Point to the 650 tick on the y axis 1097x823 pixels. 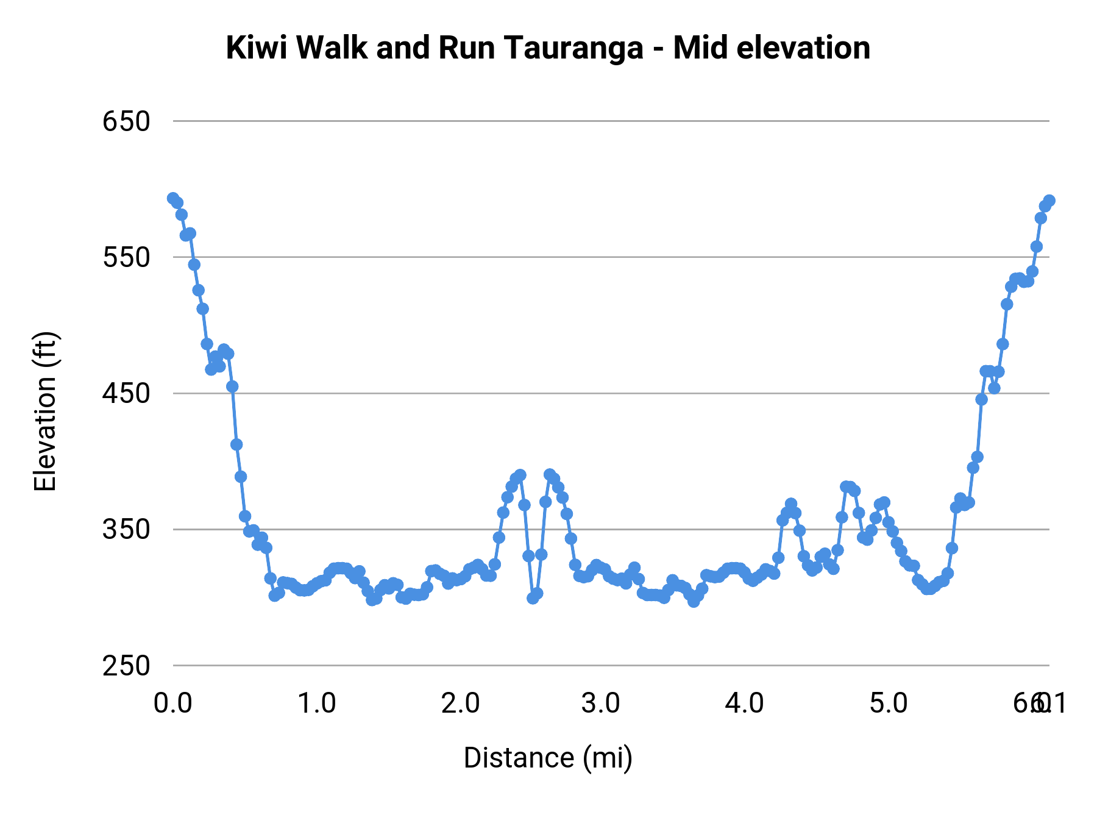(x=126, y=121)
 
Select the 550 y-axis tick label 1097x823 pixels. (x=126, y=257)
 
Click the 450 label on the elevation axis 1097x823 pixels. (x=126, y=393)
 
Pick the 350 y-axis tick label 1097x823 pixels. (x=126, y=529)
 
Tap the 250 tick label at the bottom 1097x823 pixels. (x=126, y=666)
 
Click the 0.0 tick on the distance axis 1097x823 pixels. (x=172, y=704)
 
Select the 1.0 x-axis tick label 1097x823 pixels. (x=316, y=704)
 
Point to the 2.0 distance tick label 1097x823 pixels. (x=460, y=704)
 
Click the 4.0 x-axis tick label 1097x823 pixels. (x=744, y=704)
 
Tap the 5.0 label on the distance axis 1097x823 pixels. (x=888, y=704)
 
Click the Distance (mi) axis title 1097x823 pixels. (x=548, y=758)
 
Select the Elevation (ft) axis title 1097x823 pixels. (x=44, y=411)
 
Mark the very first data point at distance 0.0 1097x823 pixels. (x=173, y=198)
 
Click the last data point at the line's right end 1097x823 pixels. (x=1049, y=201)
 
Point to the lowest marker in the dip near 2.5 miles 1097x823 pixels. (x=533, y=598)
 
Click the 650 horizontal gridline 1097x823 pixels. (x=609, y=121)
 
